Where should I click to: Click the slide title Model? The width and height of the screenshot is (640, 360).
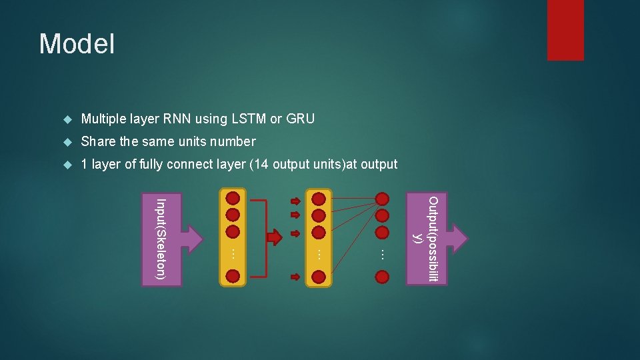click(77, 44)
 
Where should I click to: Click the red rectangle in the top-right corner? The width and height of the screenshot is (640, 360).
click(565, 29)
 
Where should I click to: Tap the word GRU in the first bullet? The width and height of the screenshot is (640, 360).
click(301, 119)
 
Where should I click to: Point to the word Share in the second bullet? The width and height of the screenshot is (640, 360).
click(98, 141)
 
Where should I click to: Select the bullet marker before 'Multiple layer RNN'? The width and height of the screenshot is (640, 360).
click(67, 120)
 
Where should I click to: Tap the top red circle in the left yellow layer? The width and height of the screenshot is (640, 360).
click(233, 198)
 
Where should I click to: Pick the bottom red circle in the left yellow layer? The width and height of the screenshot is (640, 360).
click(233, 276)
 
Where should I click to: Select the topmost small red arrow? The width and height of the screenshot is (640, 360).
click(296, 200)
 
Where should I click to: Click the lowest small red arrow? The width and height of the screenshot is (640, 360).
click(296, 276)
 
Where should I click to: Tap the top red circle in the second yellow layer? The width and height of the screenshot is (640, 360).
click(319, 198)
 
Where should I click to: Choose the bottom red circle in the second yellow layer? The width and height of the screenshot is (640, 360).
click(319, 276)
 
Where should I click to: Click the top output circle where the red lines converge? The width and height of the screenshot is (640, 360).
click(382, 198)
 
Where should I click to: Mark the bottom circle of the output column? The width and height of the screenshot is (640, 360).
click(382, 276)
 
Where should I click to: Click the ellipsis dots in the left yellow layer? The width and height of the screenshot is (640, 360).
click(233, 253)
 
